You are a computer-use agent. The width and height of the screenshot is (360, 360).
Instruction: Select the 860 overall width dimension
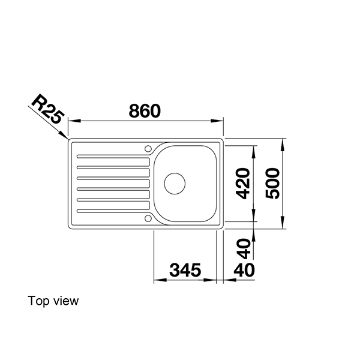pyautogui.click(x=145, y=111)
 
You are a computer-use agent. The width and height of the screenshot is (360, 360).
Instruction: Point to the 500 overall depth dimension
pyautogui.click(x=272, y=183)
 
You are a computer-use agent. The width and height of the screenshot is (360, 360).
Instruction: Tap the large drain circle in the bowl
pyautogui.click(x=176, y=182)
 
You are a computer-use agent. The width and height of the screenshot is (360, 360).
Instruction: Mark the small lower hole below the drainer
pyautogui.click(x=147, y=217)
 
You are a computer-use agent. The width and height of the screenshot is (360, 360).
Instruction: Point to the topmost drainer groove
pyautogui.click(x=113, y=161)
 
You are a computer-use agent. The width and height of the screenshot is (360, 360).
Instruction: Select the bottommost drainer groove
pyautogui.click(x=113, y=209)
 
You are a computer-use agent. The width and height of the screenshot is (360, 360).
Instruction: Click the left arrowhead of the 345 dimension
pyautogui.click(x=158, y=280)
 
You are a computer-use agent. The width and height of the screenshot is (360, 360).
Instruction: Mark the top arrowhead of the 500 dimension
pyautogui.click(x=284, y=142)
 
